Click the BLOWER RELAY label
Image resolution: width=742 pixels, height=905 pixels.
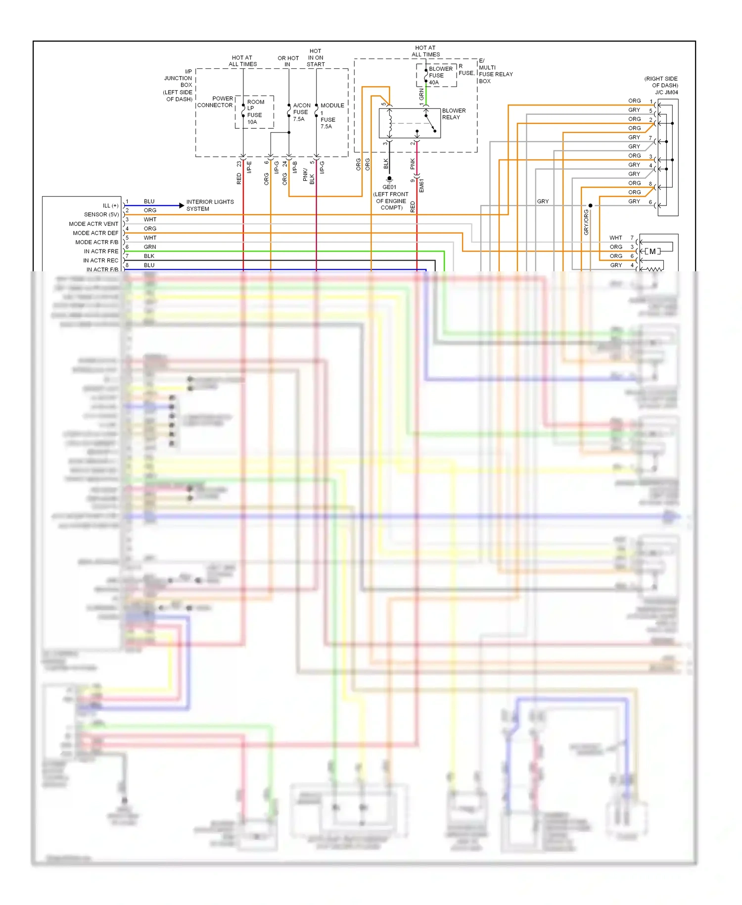[x=454, y=114]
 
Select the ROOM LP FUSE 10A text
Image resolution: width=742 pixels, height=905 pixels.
[x=255, y=112]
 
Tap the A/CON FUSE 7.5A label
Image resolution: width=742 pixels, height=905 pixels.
[x=301, y=112]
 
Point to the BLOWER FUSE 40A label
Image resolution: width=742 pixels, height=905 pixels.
[x=440, y=76]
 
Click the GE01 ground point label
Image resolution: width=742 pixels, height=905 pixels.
[x=389, y=187]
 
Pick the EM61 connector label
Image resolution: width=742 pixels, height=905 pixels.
[x=422, y=185]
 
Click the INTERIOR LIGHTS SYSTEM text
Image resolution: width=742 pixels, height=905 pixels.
[x=210, y=205]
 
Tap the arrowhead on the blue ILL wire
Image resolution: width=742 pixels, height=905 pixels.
[x=182, y=205]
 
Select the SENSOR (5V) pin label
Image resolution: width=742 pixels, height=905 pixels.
[x=101, y=214]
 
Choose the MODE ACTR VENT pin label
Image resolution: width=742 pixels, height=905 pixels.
[x=93, y=224]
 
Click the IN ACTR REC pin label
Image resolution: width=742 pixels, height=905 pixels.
[x=100, y=260]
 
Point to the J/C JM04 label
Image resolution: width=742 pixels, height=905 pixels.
[x=666, y=92]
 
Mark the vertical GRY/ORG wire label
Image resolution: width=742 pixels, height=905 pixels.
[x=586, y=222]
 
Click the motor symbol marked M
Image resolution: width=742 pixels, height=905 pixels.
[x=652, y=251]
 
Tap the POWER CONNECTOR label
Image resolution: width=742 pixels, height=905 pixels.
[x=215, y=102]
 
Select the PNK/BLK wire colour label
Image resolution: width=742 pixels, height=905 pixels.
[x=309, y=176]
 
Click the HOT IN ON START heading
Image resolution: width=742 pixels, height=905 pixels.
[x=316, y=57]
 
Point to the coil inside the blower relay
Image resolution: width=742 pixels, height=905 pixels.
[x=390, y=124]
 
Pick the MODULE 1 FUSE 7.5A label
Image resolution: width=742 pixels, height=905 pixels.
[x=331, y=116]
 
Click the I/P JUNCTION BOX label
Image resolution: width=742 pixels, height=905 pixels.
[x=179, y=85]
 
